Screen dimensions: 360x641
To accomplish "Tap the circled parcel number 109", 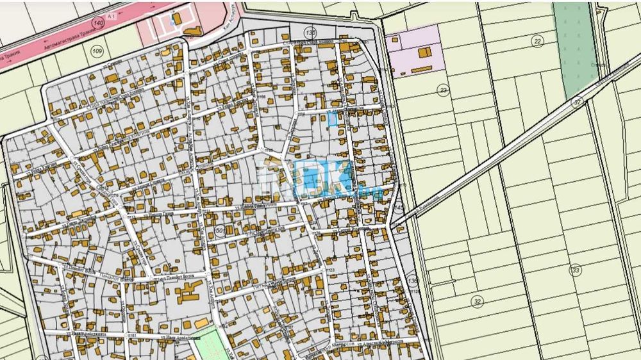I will click(x=97, y=51).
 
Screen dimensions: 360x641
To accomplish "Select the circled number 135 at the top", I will click(x=311, y=33).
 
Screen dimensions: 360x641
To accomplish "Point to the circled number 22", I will click(x=537, y=41).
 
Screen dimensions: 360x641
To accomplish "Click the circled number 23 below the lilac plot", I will click(x=442, y=90).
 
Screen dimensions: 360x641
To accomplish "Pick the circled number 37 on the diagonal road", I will click(x=577, y=101).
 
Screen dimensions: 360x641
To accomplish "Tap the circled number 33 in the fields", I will click(x=576, y=270).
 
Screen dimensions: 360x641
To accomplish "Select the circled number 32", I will click(x=477, y=301).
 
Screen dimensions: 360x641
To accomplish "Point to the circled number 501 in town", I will click(x=221, y=231).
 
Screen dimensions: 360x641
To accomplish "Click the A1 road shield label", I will click(x=112, y=13).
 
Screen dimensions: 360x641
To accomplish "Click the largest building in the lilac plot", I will click(x=424, y=53).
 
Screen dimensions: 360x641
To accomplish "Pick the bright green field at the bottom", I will click(x=209, y=345).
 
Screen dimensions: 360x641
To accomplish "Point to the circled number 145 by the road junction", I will click(x=399, y=209).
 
